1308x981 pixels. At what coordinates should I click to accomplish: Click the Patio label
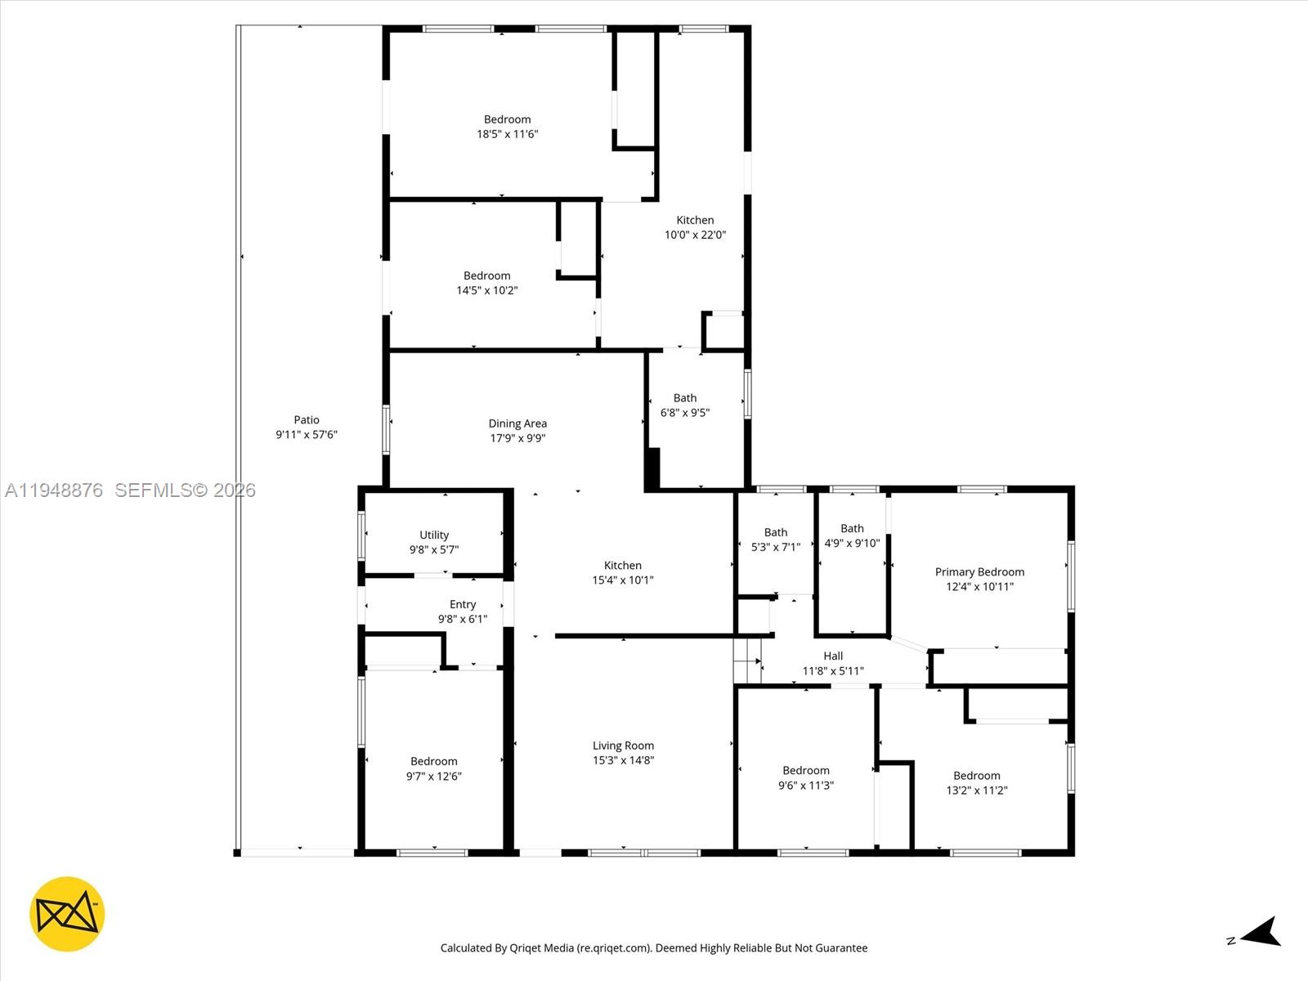pyautogui.click(x=307, y=419)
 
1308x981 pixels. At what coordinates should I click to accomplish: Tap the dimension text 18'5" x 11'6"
pyautogui.click(x=507, y=134)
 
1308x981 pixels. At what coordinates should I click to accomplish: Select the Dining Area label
pyautogui.click(x=517, y=423)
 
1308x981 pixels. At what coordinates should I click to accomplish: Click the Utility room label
pyautogui.click(x=434, y=535)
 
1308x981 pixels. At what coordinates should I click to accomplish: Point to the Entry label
pyautogui.click(x=463, y=604)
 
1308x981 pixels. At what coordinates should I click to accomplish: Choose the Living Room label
pyautogui.click(x=623, y=746)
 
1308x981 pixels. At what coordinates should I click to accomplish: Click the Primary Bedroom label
pyautogui.click(x=979, y=572)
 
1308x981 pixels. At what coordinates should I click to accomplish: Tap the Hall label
pyautogui.click(x=833, y=656)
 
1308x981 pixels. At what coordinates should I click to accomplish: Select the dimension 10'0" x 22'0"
pyautogui.click(x=695, y=235)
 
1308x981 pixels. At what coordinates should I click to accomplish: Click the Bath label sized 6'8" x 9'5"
pyautogui.click(x=685, y=398)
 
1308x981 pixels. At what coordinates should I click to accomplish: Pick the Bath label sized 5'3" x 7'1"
pyautogui.click(x=776, y=532)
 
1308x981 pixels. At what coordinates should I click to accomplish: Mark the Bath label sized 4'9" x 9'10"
pyautogui.click(x=852, y=529)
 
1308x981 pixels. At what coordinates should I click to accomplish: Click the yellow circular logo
pyautogui.click(x=67, y=914)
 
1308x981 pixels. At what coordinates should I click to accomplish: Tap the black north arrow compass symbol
pyautogui.click(x=1263, y=933)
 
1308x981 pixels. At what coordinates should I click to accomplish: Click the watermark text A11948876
pyautogui.click(x=54, y=490)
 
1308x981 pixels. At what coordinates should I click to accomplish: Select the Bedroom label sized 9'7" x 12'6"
pyautogui.click(x=434, y=761)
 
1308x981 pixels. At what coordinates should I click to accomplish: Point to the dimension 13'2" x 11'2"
pyautogui.click(x=976, y=791)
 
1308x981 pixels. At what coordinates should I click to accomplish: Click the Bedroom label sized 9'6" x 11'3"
pyautogui.click(x=806, y=770)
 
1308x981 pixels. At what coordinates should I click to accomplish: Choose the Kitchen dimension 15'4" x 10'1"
pyautogui.click(x=623, y=580)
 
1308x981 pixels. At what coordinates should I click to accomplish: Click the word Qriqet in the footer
pyautogui.click(x=526, y=948)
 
